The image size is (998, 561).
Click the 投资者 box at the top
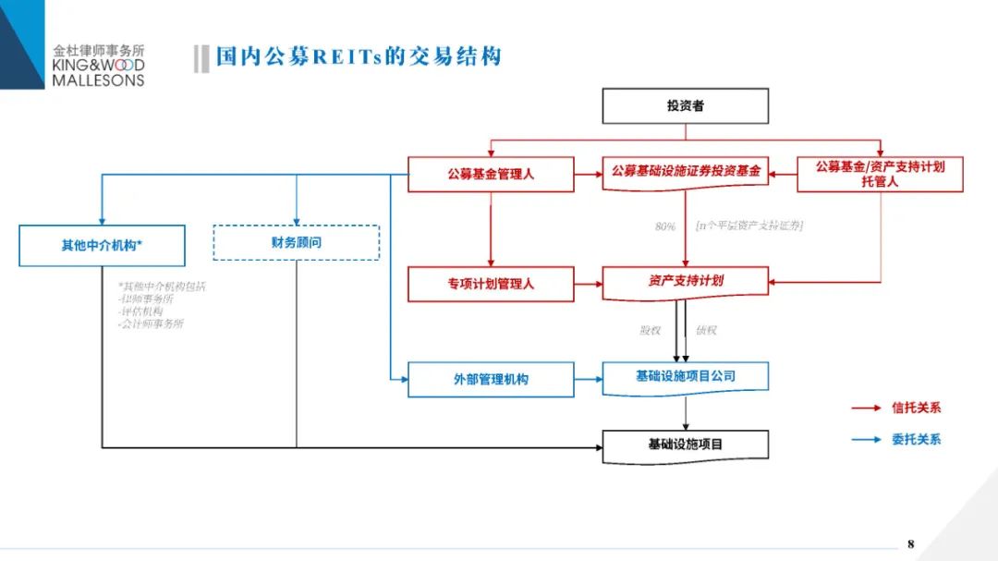[685, 105]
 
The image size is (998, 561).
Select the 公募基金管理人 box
[491, 174]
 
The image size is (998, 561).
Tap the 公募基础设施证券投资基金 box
[685, 172]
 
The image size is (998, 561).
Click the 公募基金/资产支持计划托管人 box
[880, 174]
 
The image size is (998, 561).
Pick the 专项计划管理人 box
[491, 284]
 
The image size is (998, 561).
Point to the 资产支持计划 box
[685, 281]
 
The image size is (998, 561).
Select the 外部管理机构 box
[491, 379]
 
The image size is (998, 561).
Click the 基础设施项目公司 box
[685, 376]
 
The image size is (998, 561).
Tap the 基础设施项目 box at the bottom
[685, 445]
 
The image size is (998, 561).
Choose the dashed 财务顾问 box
[296, 242]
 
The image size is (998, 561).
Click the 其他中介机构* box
[102, 246]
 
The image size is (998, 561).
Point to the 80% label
[665, 226]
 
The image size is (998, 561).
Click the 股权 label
[651, 330]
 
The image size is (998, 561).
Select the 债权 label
[706, 330]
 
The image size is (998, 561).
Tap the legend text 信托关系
[916, 408]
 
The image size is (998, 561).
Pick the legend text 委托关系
[916, 440]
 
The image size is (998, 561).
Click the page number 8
[910, 543]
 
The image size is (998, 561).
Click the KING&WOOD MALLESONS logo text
[98, 72]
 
